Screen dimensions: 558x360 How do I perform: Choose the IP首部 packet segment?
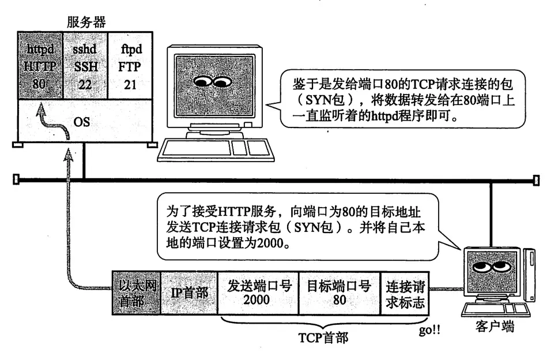(x=189, y=292)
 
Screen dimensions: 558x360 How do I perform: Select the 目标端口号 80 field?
(x=339, y=292)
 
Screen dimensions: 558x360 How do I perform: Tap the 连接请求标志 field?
(x=405, y=292)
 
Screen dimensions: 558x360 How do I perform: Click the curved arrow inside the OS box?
(x=52, y=119)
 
